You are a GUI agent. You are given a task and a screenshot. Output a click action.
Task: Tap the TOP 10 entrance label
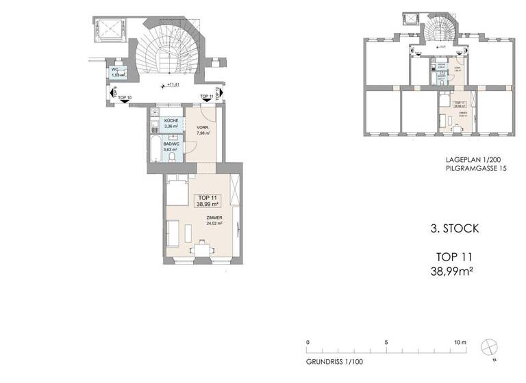pyautogui.click(x=125, y=98)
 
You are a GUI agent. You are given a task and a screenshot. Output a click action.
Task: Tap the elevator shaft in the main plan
pyautogui.click(x=109, y=30)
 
